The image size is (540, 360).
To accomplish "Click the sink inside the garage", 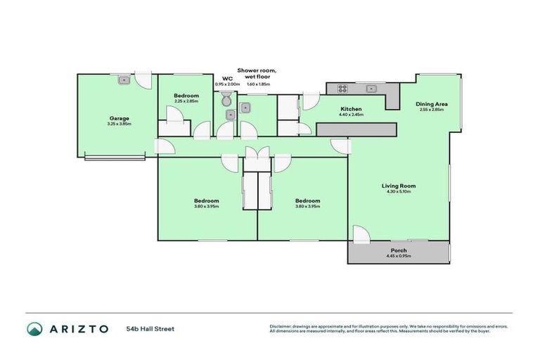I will coord(123,80).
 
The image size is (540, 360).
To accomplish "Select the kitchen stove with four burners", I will coord(343,89).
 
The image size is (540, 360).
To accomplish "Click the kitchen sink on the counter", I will coord(372,89).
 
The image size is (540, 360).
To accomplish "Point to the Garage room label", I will coord(119,118).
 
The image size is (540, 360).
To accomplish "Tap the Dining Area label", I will coord(432,104).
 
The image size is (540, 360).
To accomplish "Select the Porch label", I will coord(398,250).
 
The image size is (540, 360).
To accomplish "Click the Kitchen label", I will coord(351,109).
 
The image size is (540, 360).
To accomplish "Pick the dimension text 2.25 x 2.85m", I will coord(186,101).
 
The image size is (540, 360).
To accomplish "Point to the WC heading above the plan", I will coord(226,79).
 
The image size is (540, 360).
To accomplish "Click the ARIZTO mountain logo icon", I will coord(34,328).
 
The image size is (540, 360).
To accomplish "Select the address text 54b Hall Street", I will coord(150,328).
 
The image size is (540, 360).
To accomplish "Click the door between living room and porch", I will coord(360,234).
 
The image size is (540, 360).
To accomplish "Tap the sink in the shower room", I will coord(246,108).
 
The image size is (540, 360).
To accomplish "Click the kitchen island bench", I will coord(356,129).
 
